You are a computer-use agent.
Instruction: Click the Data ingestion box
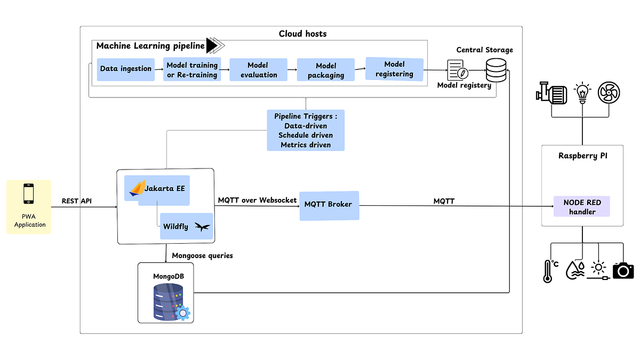pos(126,69)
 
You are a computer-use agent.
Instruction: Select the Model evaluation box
pos(258,70)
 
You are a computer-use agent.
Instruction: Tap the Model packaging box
pos(325,70)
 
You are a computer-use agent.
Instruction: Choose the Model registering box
pos(394,69)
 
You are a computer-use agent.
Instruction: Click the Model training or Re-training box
pos(192,69)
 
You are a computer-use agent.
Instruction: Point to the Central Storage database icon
pos(496,70)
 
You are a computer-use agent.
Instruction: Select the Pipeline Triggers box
pos(306,130)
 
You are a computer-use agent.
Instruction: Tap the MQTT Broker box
pos(329,205)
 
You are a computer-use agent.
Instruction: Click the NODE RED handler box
pos(582,206)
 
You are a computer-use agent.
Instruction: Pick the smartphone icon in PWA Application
pos(28,194)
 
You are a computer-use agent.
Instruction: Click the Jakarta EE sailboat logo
pos(138,187)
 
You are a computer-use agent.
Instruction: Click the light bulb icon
pos(582,93)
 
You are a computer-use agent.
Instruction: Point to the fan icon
pos(609,93)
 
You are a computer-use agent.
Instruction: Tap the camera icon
pos(622,270)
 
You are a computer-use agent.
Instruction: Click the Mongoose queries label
pos(202,256)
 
